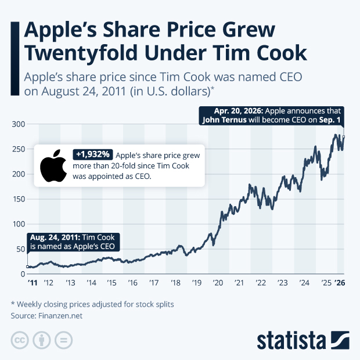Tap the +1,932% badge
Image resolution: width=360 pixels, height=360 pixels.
pyautogui.click(x=92, y=154)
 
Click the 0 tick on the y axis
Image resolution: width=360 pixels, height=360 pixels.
pyautogui.click(x=21, y=273)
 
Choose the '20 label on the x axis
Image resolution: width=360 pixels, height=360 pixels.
pyautogui.click(x=218, y=283)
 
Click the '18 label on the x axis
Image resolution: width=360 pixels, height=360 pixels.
pyautogui.click(x=175, y=283)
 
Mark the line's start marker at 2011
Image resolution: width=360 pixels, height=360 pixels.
pyautogui.click(x=28, y=267)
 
